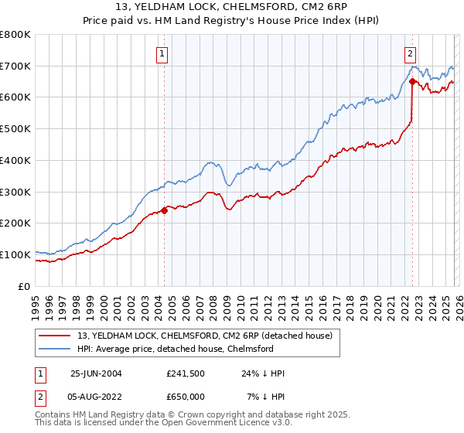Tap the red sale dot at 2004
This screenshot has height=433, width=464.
(165, 210)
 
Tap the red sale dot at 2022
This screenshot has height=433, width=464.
(412, 81)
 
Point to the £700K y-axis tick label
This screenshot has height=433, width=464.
(15, 66)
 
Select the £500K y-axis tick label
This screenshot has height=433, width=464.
(15, 129)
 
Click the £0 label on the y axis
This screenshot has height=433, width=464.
(23, 286)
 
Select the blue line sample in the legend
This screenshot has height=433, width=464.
(54, 349)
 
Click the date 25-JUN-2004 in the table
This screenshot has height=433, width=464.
(96, 373)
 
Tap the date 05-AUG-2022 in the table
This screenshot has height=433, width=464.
(96, 396)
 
